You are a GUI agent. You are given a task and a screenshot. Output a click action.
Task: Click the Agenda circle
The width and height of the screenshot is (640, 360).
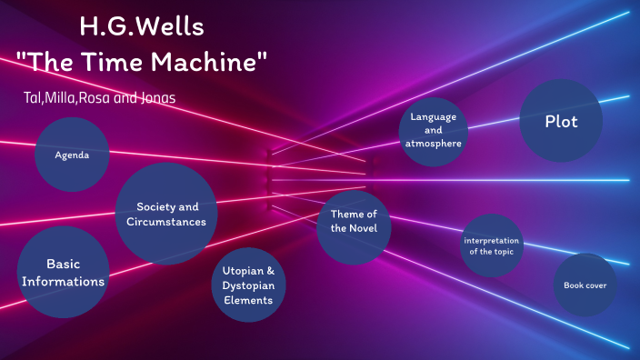(73, 155)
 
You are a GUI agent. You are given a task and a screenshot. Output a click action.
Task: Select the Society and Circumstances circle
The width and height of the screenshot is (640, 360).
(166, 214)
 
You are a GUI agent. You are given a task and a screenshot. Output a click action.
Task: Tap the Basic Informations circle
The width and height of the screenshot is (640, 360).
(63, 272)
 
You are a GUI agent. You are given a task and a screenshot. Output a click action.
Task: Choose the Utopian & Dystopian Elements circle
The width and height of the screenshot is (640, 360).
(249, 285)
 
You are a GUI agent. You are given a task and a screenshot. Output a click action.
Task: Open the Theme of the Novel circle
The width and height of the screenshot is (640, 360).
(354, 221)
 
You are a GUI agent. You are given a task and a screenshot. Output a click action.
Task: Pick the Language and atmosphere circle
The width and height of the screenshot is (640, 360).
(434, 130)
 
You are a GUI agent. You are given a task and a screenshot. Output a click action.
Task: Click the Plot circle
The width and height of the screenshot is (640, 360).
(561, 121)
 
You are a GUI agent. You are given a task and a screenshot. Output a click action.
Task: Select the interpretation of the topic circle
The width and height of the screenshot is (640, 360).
(491, 245)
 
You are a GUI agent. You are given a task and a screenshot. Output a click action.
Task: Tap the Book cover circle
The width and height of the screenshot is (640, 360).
(585, 285)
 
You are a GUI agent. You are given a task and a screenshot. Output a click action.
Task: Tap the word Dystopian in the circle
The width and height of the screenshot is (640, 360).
(249, 285)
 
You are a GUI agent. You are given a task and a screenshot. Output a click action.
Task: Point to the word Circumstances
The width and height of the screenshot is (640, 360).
(166, 221)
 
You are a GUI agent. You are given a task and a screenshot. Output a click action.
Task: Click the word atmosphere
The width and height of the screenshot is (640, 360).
(434, 143)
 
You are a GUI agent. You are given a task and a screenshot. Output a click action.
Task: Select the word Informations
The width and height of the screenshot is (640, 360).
(63, 281)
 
